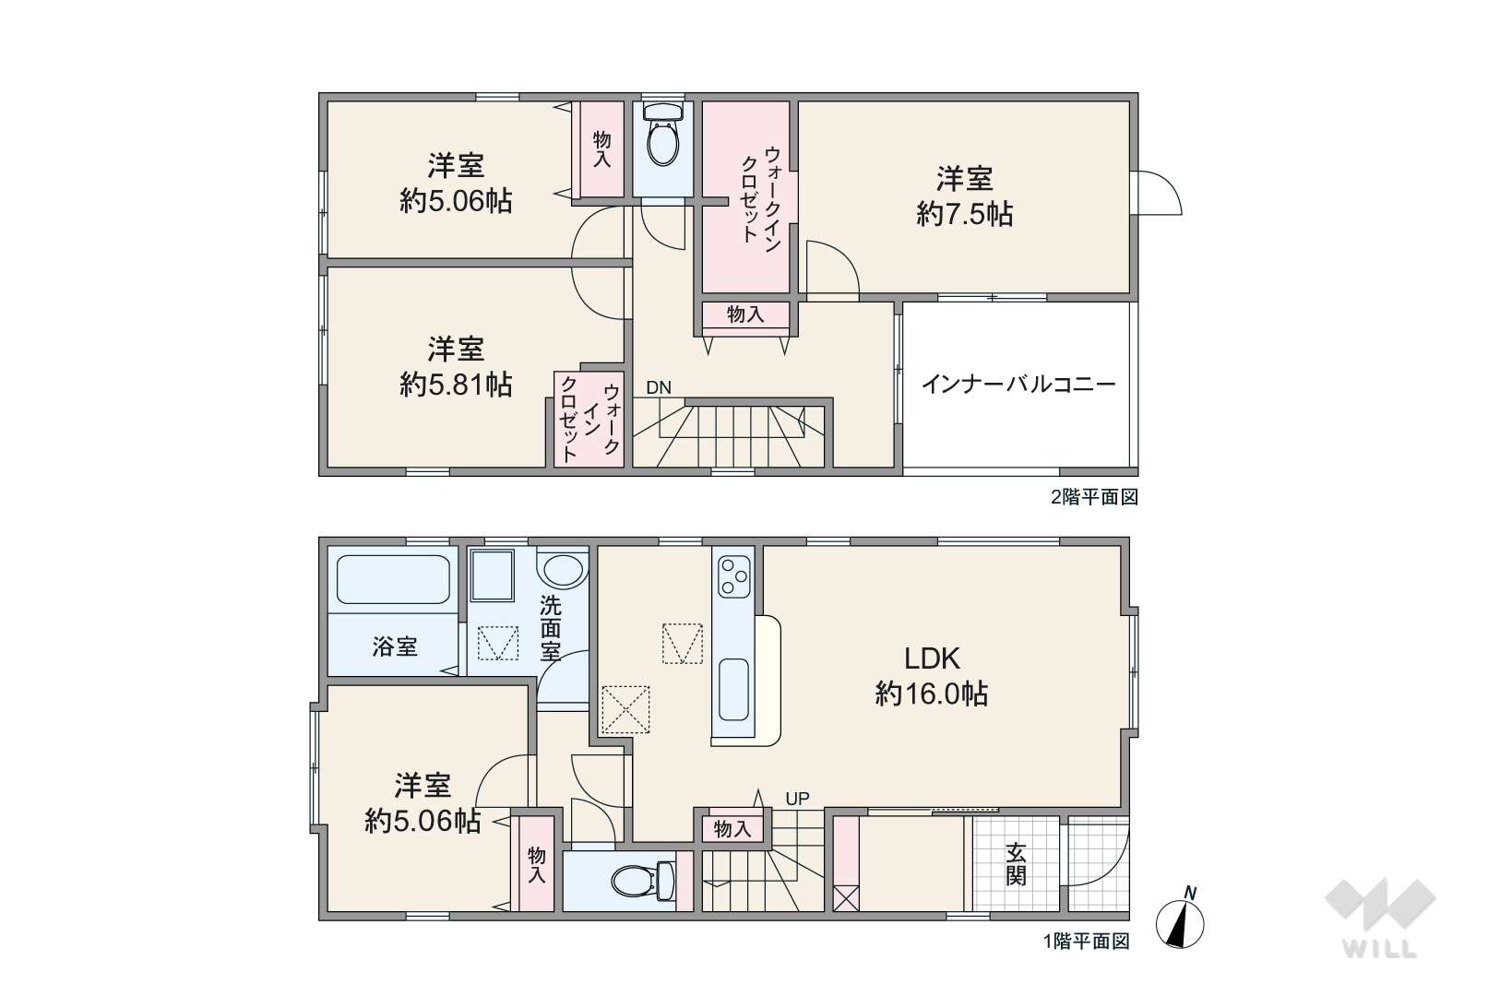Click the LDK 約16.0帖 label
click(x=932, y=676)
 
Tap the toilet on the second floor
click(x=663, y=134)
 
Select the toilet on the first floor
click(x=643, y=881)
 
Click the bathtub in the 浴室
click(x=393, y=579)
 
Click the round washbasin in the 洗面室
click(x=564, y=570)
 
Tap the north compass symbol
click(x=1180, y=920)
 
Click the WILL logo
click(x=1380, y=919)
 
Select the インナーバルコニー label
click(x=1018, y=385)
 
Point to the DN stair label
click(x=659, y=388)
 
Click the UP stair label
click(x=797, y=799)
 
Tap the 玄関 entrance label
click(x=1016, y=864)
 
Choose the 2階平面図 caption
click(x=1094, y=497)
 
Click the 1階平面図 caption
click(x=1087, y=942)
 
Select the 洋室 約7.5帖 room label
click(x=965, y=197)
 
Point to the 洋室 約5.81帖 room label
click(x=456, y=367)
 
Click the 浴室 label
click(x=395, y=646)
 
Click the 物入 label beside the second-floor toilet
click(x=601, y=149)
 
